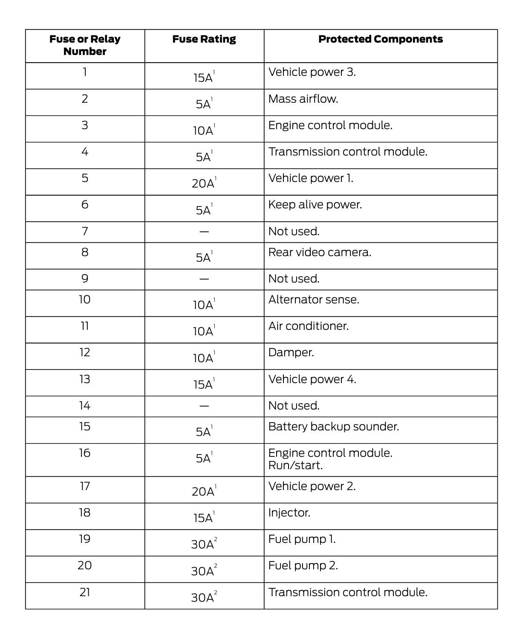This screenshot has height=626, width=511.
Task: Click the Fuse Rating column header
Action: coord(204,39)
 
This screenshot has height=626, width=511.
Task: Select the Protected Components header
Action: coord(380,39)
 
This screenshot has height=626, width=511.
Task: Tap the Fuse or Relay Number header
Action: coord(85,45)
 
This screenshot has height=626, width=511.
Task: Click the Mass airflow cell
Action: coord(303,99)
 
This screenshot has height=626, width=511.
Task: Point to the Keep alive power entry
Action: coord(315,205)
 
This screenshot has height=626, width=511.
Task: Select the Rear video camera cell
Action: coord(320,252)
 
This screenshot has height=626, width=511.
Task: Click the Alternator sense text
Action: coord(314,300)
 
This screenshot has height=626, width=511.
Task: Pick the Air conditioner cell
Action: coord(308,326)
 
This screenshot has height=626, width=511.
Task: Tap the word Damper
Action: coord(291,352)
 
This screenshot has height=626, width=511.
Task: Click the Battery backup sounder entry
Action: coord(334,427)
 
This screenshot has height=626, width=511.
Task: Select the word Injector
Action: coord(289,513)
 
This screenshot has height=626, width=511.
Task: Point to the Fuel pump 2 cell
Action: coord(303,565)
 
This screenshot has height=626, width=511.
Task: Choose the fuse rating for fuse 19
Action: coord(203,544)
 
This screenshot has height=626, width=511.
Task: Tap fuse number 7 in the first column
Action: coord(85,231)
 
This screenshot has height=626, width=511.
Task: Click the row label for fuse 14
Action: coord(85,406)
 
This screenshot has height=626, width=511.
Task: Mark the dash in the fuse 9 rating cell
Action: coord(204,280)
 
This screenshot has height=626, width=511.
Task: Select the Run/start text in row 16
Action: coord(295,465)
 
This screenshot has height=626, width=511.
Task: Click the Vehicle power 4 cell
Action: coord(312,379)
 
